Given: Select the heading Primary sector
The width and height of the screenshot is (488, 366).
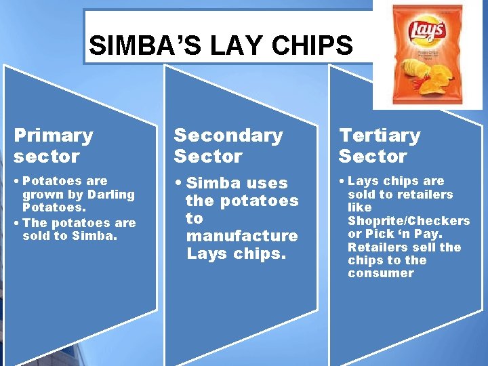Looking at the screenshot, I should pos(53,146).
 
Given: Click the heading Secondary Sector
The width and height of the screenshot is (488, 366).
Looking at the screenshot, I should pos(228,146).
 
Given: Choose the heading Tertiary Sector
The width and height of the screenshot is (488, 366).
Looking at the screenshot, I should pos(380,146).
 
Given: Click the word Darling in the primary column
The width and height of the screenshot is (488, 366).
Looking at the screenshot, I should pos(112,195).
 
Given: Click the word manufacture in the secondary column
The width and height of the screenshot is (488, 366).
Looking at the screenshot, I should pos(242,236).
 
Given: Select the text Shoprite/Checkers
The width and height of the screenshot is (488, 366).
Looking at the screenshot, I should pos(409,221).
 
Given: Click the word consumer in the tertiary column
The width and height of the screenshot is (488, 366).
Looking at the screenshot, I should pos(380,273).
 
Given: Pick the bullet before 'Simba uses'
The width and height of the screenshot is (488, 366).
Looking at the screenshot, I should pos(178,183).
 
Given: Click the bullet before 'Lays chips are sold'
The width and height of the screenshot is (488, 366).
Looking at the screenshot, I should pos(342,181).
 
